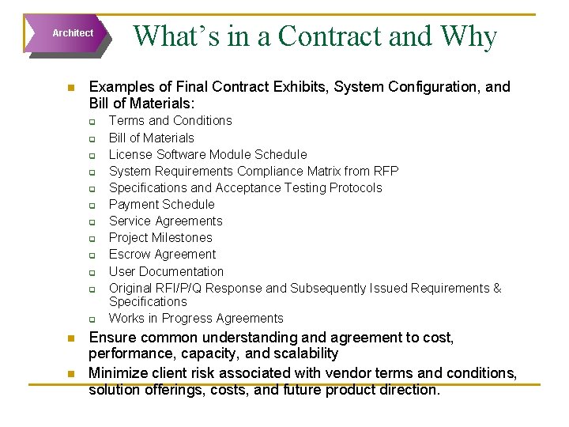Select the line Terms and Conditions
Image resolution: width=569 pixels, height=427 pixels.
click(x=170, y=121)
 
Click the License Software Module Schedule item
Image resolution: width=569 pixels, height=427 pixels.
click(x=207, y=154)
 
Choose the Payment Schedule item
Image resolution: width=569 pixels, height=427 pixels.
click(x=161, y=204)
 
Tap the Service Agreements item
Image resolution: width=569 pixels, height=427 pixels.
click(x=165, y=221)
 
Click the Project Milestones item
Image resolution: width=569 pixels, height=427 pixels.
click(x=160, y=237)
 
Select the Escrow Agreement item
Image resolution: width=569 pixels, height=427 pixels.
click(x=162, y=254)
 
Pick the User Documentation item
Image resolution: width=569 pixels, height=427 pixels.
click(x=166, y=271)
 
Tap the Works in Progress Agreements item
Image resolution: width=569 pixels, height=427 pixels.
click(x=195, y=318)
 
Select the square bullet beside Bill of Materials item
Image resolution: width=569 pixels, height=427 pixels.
click(x=92, y=138)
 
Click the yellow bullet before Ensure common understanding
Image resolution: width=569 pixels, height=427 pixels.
click(x=70, y=338)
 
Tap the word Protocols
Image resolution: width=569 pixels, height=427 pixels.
click(x=352, y=187)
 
